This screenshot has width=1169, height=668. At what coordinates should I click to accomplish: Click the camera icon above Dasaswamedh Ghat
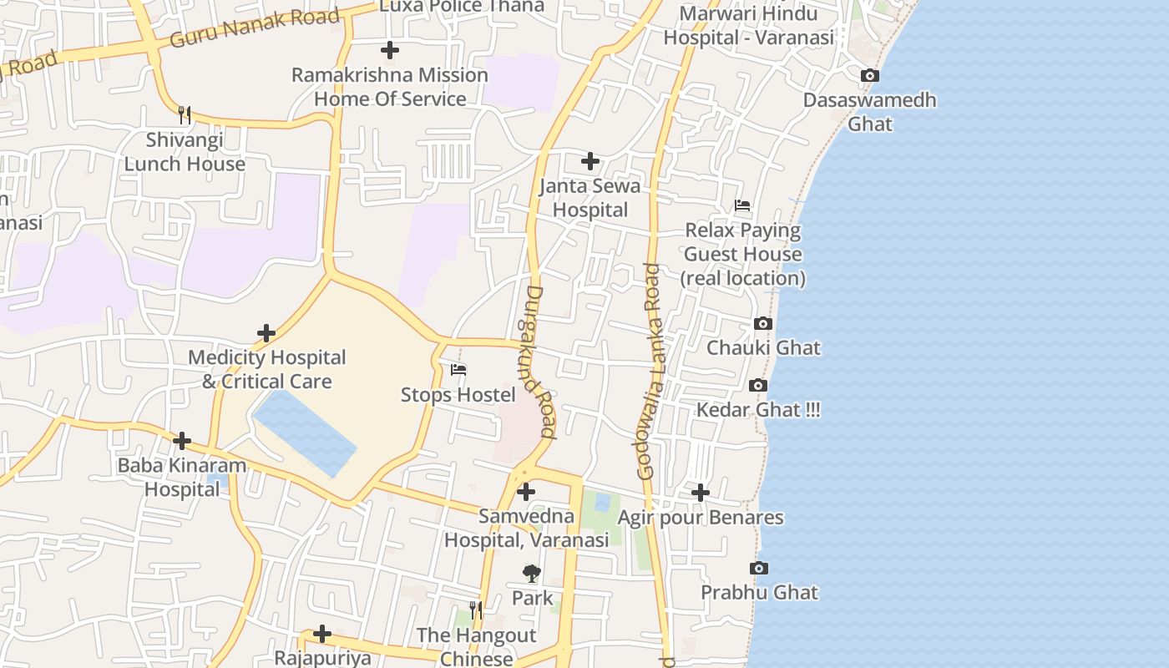click(x=869, y=76)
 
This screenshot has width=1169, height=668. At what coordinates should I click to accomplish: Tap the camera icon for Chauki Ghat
click(x=762, y=324)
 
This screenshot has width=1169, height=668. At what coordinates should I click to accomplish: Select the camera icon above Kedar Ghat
click(x=758, y=386)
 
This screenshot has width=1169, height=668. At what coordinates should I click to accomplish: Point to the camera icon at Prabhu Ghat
click(x=758, y=569)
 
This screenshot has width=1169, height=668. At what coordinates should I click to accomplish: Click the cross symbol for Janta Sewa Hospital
click(x=590, y=161)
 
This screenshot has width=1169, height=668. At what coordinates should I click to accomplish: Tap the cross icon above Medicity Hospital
click(x=266, y=334)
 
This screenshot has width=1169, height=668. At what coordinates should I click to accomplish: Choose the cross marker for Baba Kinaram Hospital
click(x=182, y=441)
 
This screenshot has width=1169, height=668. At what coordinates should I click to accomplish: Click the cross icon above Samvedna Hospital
click(x=526, y=493)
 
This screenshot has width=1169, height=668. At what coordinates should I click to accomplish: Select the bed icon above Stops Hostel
click(x=458, y=370)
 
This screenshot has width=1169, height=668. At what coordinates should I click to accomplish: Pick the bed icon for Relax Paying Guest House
click(x=742, y=205)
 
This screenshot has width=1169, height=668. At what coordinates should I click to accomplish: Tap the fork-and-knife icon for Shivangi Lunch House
click(x=185, y=114)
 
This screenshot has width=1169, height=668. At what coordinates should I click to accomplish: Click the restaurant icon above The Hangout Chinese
click(x=476, y=610)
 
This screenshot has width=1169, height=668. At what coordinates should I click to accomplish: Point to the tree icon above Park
click(x=531, y=574)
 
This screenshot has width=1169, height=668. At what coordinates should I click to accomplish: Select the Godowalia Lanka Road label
click(x=650, y=372)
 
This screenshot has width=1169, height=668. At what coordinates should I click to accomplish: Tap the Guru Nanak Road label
click(x=255, y=28)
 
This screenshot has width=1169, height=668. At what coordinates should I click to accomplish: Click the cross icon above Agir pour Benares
click(x=701, y=493)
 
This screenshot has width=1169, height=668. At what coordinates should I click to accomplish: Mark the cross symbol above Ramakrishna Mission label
click(x=389, y=50)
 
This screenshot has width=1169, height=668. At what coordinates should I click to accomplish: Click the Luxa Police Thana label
click(x=462, y=7)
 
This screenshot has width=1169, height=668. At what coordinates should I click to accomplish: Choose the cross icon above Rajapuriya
click(x=322, y=635)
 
